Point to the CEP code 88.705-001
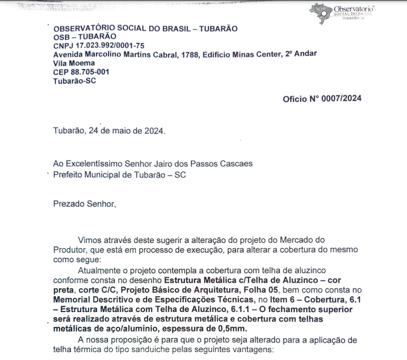[x=90, y=72]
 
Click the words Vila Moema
[x=74, y=63]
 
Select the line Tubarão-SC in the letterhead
[x=74, y=81]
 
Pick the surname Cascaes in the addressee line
[x=234, y=163]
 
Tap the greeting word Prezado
[x=69, y=203]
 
